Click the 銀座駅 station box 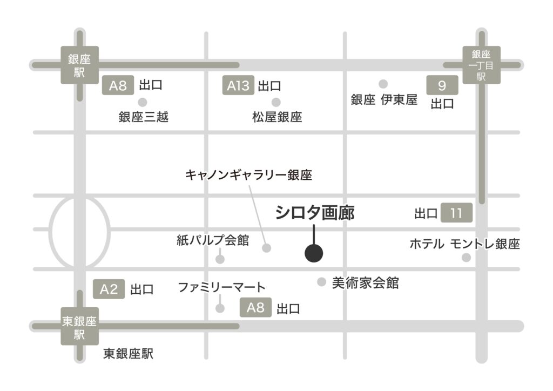point(79,65)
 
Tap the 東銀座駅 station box point(79,327)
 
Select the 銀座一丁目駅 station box point(482,65)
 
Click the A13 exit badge point(238,86)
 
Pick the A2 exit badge point(109,289)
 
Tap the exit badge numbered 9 point(442,85)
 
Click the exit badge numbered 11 point(456,213)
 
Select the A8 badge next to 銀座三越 point(118,86)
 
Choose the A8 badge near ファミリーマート point(255,308)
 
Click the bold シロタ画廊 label point(315,213)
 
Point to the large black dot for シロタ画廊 point(314,253)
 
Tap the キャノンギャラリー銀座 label point(249,175)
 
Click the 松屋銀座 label point(276,116)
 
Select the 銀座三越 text point(143,116)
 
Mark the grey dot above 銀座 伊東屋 point(383,84)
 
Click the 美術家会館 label point(366,282)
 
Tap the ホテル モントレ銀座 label point(464,244)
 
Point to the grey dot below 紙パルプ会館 point(220,259)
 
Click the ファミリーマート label point(222,287)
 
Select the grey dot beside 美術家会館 point(321,281)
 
